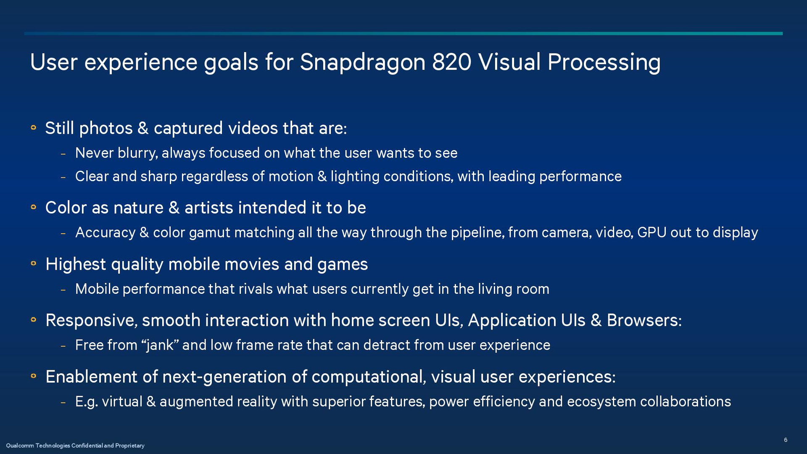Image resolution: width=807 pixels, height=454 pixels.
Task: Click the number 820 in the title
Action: click(451, 62)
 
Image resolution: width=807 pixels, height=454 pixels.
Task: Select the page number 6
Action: click(786, 440)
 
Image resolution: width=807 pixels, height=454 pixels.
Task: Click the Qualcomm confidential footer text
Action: click(75, 446)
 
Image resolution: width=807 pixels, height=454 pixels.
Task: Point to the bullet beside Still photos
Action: click(34, 127)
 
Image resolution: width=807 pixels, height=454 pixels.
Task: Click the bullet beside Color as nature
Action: click(34, 207)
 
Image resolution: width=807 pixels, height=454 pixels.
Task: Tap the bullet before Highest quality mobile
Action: click(34, 264)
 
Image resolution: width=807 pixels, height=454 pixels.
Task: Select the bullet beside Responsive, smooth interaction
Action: click(34, 320)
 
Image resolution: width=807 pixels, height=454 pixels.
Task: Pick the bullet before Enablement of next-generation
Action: click(34, 376)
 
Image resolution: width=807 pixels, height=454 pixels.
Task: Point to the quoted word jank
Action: click(161, 346)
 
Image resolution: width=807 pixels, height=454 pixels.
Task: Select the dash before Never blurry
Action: click(63, 154)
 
